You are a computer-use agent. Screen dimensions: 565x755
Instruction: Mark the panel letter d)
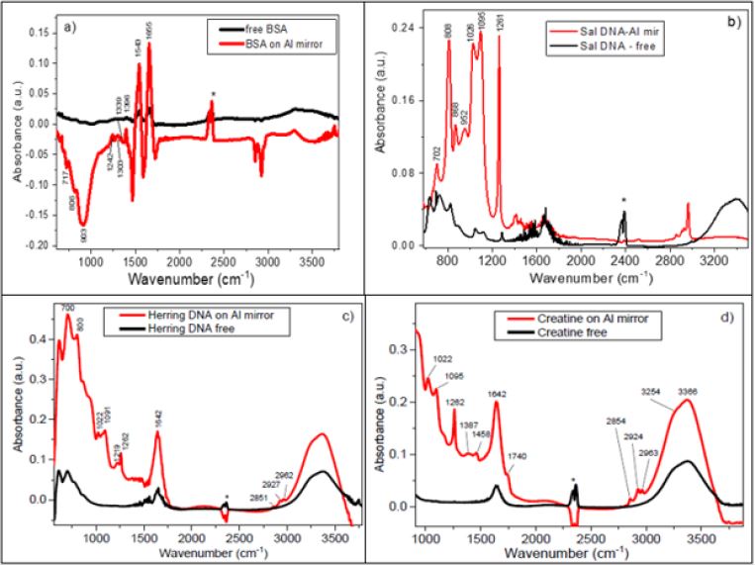[734, 317]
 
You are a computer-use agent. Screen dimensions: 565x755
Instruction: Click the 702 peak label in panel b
[436, 153]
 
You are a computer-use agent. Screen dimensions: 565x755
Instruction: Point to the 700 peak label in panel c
[67, 309]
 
